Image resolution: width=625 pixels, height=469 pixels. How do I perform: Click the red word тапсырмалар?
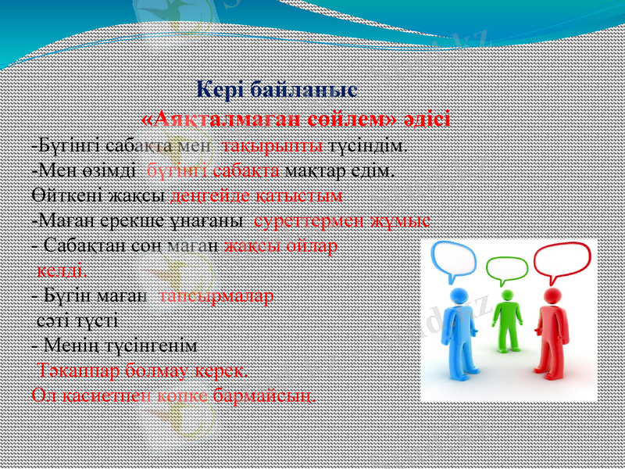[216, 297]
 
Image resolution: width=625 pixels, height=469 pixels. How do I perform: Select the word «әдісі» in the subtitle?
[427, 119]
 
